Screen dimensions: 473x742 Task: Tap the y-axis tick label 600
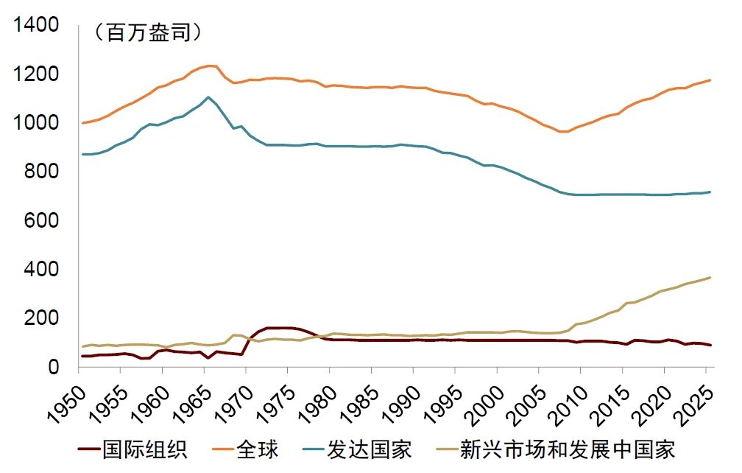click(x=40, y=220)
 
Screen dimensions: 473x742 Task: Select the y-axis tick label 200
click(x=40, y=318)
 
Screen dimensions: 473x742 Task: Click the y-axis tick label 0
click(x=52, y=366)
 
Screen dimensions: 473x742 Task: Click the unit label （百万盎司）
click(x=146, y=33)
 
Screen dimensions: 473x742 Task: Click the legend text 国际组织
click(x=145, y=449)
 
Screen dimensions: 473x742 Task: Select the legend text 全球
click(x=257, y=449)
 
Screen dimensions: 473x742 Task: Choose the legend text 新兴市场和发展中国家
click(x=567, y=449)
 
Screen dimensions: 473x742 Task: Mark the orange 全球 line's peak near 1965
click(x=210, y=66)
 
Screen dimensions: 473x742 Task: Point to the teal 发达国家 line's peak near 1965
click(x=208, y=97)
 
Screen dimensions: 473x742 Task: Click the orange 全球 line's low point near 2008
click(x=565, y=131)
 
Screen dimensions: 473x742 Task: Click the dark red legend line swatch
click(x=89, y=449)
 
